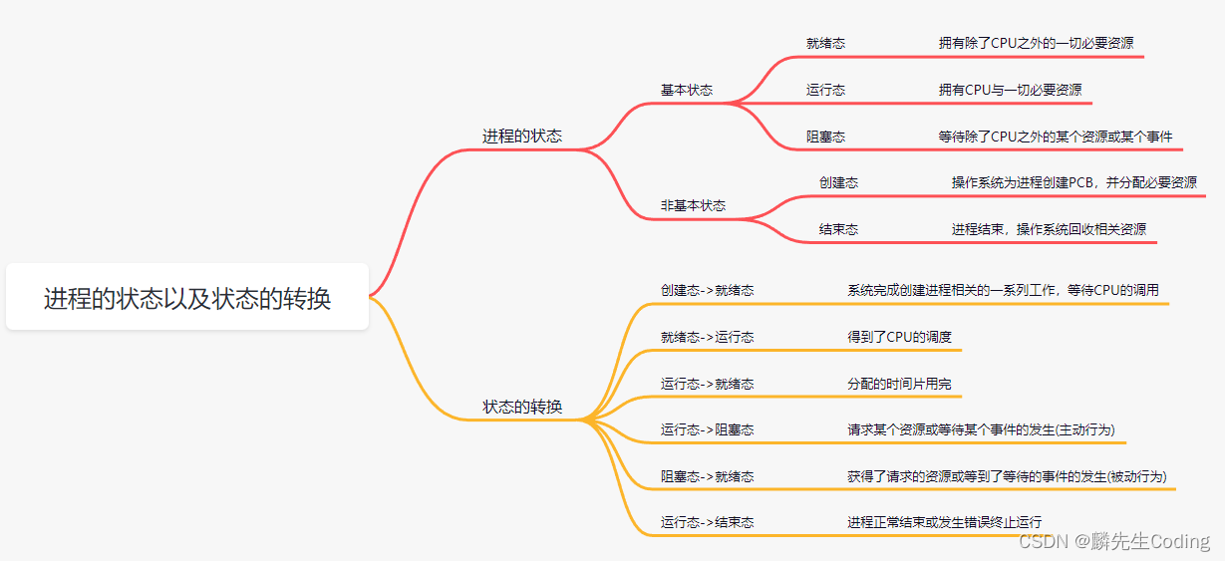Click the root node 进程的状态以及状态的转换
187,298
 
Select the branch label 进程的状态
522,136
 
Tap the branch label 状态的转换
522,407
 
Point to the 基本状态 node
687,90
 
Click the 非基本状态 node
693,205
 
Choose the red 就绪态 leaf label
825,43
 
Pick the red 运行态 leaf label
825,90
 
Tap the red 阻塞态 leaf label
825,137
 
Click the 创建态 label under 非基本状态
838,182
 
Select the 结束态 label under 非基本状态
838,229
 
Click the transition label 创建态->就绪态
707,290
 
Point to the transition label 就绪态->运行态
707,337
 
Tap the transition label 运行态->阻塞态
707,429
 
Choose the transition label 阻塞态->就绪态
707,476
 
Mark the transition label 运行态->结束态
707,522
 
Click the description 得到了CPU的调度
900,337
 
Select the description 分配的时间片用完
900,384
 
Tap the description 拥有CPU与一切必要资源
1010,90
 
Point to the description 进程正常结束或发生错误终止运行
945,522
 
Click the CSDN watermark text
1114,541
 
